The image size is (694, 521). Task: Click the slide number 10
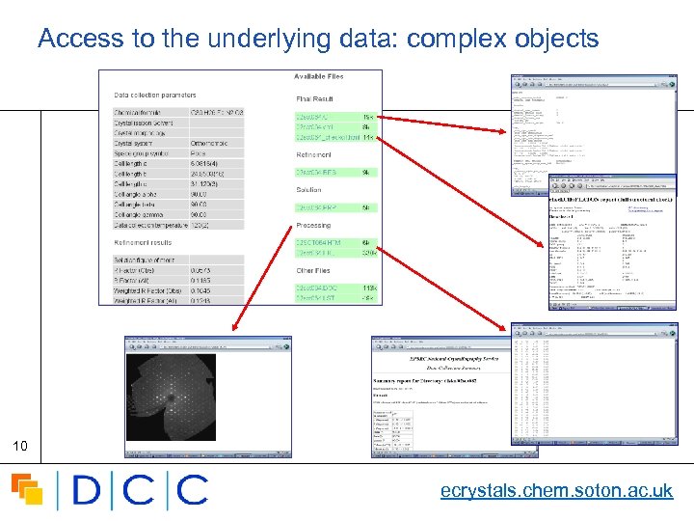[18, 446]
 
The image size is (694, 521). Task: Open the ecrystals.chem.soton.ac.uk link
[556, 491]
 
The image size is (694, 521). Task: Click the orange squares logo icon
[27, 489]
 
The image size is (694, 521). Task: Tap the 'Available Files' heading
[318, 77]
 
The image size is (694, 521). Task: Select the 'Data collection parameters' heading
[154, 96]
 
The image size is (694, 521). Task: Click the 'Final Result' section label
[314, 98]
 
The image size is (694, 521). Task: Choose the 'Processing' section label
[313, 225]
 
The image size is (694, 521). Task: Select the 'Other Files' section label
[314, 271]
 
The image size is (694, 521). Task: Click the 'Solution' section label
[309, 190]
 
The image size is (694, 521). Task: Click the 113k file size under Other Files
[368, 288]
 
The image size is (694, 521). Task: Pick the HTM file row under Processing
[319, 241]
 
